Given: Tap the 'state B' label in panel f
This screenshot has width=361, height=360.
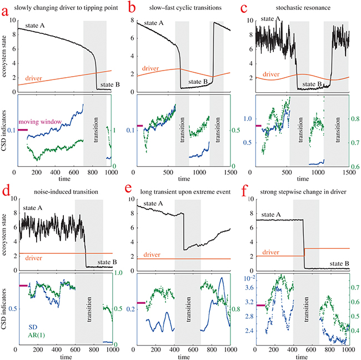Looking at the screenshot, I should click(335, 263).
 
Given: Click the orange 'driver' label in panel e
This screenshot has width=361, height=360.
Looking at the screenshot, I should click(155, 254).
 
